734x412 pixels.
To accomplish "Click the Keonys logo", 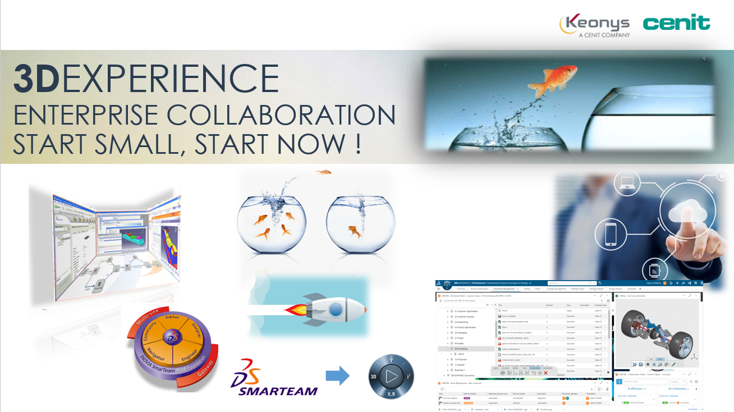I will click(595, 25).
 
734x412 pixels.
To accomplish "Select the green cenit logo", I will click(676, 23).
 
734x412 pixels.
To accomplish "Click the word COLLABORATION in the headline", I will click(281, 116).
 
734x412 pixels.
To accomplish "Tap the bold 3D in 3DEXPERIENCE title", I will click(36, 78).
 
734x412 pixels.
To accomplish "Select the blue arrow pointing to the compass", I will click(337, 376).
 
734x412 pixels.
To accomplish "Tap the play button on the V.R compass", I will click(391, 376).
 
